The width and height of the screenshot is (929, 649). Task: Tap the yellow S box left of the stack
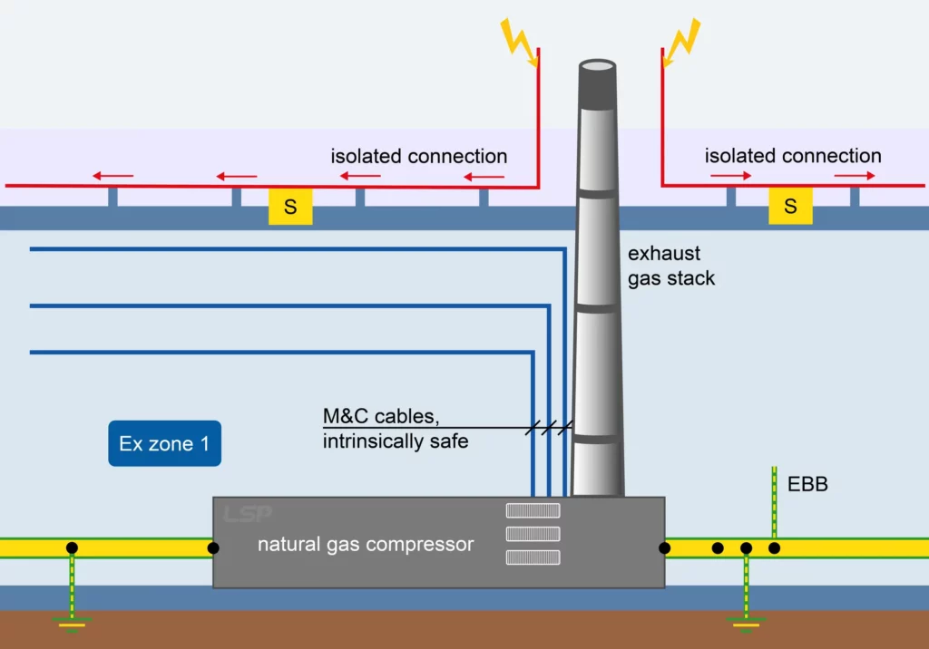[290, 207]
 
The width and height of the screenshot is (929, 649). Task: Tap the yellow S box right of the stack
[790, 207]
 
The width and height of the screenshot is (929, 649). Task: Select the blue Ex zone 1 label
[164, 443]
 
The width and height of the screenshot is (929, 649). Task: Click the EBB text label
[807, 485]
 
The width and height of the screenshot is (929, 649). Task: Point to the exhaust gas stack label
[671, 266]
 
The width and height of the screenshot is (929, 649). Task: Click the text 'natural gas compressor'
[366, 545]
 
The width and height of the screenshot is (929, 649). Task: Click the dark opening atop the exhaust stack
[598, 67]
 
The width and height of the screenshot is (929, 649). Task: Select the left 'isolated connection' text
[418, 156]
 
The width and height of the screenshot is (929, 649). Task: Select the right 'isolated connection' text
[793, 156]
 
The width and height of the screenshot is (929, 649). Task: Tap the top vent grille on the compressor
[533, 511]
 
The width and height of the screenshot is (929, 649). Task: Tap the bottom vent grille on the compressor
[533, 557]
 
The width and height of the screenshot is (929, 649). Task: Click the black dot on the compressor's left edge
[213, 547]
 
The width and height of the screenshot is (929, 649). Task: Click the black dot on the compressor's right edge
[664, 547]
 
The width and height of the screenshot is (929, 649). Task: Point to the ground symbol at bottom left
[72, 623]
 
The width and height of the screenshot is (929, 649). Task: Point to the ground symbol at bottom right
[746, 623]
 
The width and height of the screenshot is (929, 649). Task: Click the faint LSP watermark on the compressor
[247, 514]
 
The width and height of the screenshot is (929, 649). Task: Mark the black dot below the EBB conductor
[774, 547]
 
